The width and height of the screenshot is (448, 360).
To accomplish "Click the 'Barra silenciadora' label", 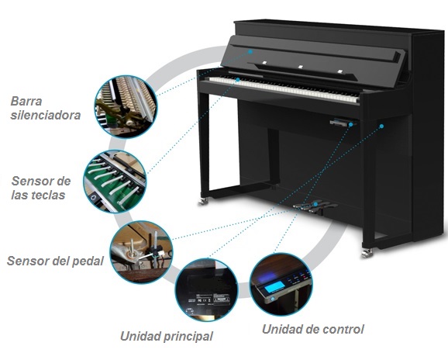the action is click(45, 108).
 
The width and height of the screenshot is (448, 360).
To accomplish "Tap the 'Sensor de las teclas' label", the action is click(41, 188).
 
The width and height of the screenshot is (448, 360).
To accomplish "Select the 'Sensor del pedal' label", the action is click(55, 261).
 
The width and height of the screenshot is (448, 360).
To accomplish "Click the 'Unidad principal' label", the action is click(167, 336).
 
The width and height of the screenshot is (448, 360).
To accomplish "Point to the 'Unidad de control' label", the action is click(313, 329).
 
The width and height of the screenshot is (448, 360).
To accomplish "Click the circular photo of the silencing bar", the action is click(126, 106).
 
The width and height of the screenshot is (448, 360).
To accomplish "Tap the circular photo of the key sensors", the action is click(115, 182).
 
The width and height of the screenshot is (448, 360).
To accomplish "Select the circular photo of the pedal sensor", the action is click(141, 252).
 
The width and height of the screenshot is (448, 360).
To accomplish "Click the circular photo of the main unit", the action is click(206, 289).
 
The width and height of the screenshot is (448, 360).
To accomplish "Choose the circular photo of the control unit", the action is click(281, 285).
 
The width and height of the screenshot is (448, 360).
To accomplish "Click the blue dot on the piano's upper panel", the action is click(250, 52).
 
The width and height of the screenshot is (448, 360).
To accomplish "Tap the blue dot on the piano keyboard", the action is click(238, 79).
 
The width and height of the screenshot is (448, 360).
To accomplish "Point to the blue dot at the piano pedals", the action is click(315, 204).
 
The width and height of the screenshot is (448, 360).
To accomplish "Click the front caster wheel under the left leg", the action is click(203, 201).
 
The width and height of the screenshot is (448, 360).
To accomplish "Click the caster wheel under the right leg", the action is click(367, 254).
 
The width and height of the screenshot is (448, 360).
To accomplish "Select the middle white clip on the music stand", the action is click(301, 67).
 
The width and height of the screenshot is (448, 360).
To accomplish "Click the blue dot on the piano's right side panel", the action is click(381, 126).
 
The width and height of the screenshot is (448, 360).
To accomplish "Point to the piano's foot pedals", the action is click(313, 206).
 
